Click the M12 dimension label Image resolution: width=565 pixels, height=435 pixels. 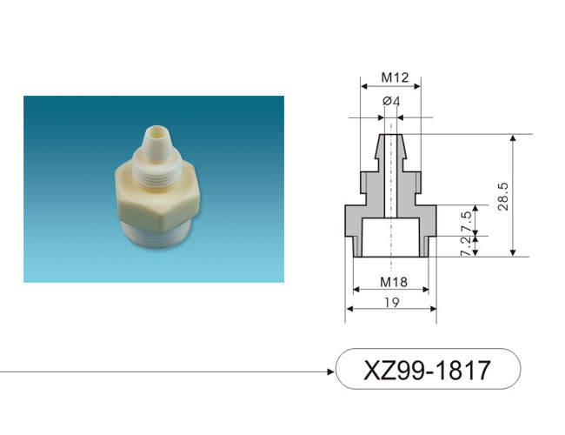pos(395,77)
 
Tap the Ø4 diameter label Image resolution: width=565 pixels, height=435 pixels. pos(391,102)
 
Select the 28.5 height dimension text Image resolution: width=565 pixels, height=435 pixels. pos(503,197)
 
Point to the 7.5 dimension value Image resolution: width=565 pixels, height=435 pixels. pos(466,222)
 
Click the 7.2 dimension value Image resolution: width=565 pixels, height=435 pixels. pos(466,246)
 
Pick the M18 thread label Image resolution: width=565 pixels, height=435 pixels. pos(394,282)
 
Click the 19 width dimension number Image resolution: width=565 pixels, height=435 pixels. pos(392,302)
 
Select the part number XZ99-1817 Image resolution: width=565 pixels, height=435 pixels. pos(427,370)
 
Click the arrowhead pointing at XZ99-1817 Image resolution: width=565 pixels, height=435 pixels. pos(330,371)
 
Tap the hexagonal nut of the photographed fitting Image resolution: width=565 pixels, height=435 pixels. pos(157,197)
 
